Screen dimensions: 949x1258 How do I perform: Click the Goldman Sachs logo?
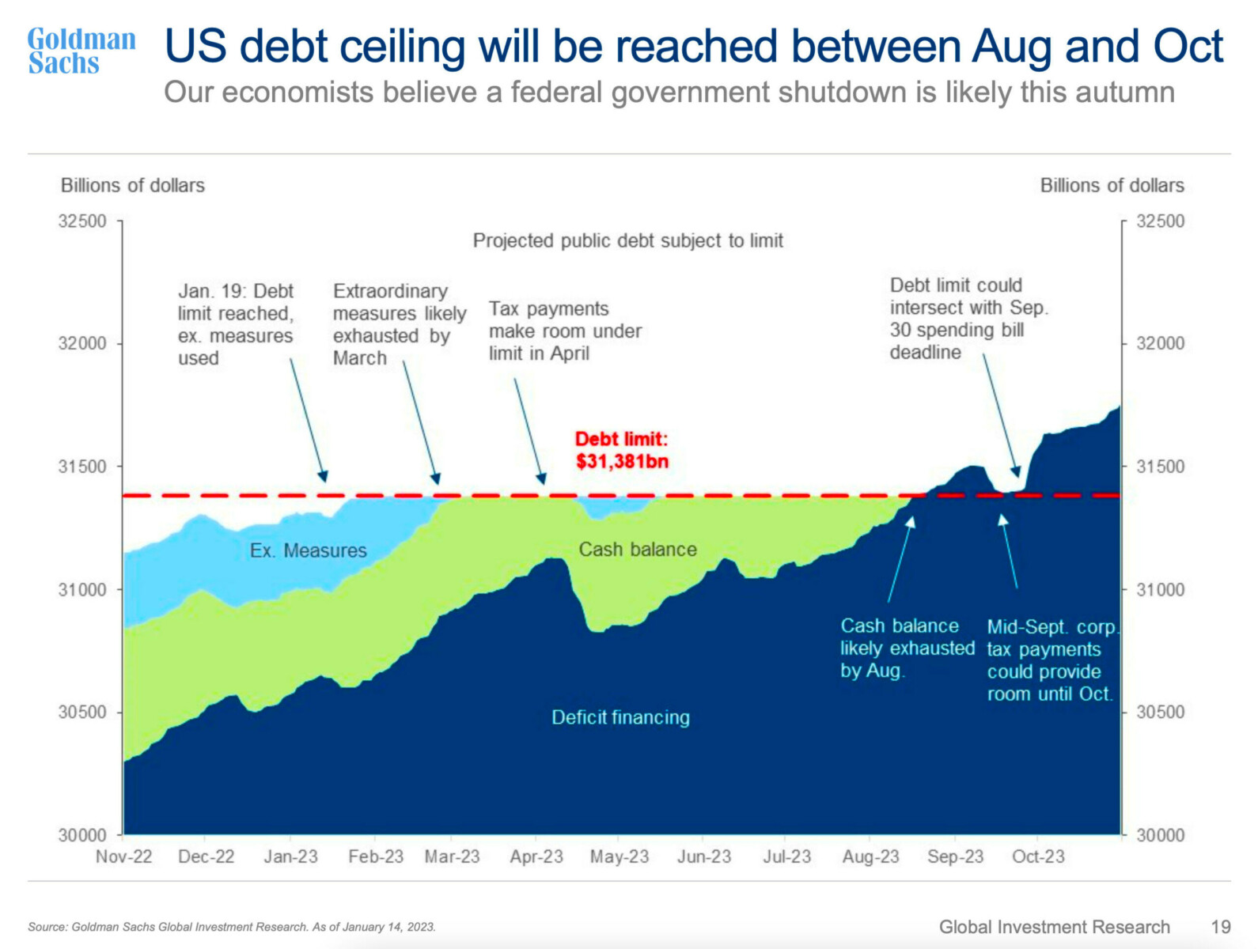81,51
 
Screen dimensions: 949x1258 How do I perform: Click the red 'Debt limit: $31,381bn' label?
622,450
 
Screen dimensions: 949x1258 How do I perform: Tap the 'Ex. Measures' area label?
309,550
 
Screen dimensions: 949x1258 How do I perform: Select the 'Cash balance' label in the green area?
638,550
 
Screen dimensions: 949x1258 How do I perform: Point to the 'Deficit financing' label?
620,717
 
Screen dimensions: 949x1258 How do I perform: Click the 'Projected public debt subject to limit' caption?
627,240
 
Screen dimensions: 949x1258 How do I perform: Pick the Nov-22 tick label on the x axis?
123,856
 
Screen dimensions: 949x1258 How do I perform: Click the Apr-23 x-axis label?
536,856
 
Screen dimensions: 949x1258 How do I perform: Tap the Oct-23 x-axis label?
1038,856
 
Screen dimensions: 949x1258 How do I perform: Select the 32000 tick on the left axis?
82,343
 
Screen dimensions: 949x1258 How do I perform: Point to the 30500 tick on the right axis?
1160,712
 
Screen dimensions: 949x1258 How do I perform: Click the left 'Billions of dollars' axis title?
133,185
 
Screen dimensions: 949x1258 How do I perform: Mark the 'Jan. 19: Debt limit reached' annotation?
236,324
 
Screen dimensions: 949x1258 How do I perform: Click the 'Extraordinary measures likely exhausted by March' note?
399,324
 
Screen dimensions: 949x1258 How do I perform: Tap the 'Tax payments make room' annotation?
565,331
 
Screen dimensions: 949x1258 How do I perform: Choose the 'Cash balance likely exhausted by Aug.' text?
907,648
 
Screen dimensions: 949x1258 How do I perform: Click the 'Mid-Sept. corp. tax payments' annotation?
1051,660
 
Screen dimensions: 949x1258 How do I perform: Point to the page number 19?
1221,927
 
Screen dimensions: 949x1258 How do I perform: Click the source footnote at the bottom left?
232,927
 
